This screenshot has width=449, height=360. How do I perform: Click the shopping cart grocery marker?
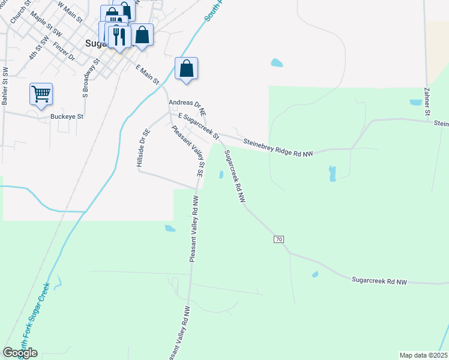pyautogui.click(x=41, y=94)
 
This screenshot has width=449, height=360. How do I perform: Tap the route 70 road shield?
pyautogui.click(x=279, y=239)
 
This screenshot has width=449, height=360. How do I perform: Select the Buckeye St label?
pyautogui.click(x=67, y=116)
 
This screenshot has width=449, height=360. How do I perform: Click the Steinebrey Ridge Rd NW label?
pyautogui.click(x=279, y=148)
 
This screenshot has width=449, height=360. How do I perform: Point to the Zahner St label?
pyautogui.click(x=427, y=102)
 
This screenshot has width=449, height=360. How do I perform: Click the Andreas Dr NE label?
pyautogui.click(x=187, y=107)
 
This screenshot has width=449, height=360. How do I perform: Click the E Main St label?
pyautogui.click(x=147, y=74)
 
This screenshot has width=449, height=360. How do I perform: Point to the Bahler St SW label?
pyautogui.click(x=5, y=86)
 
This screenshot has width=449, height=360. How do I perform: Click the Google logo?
pyautogui.click(x=20, y=353)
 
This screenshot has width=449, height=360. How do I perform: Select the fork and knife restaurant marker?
pyautogui.click(x=119, y=37)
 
